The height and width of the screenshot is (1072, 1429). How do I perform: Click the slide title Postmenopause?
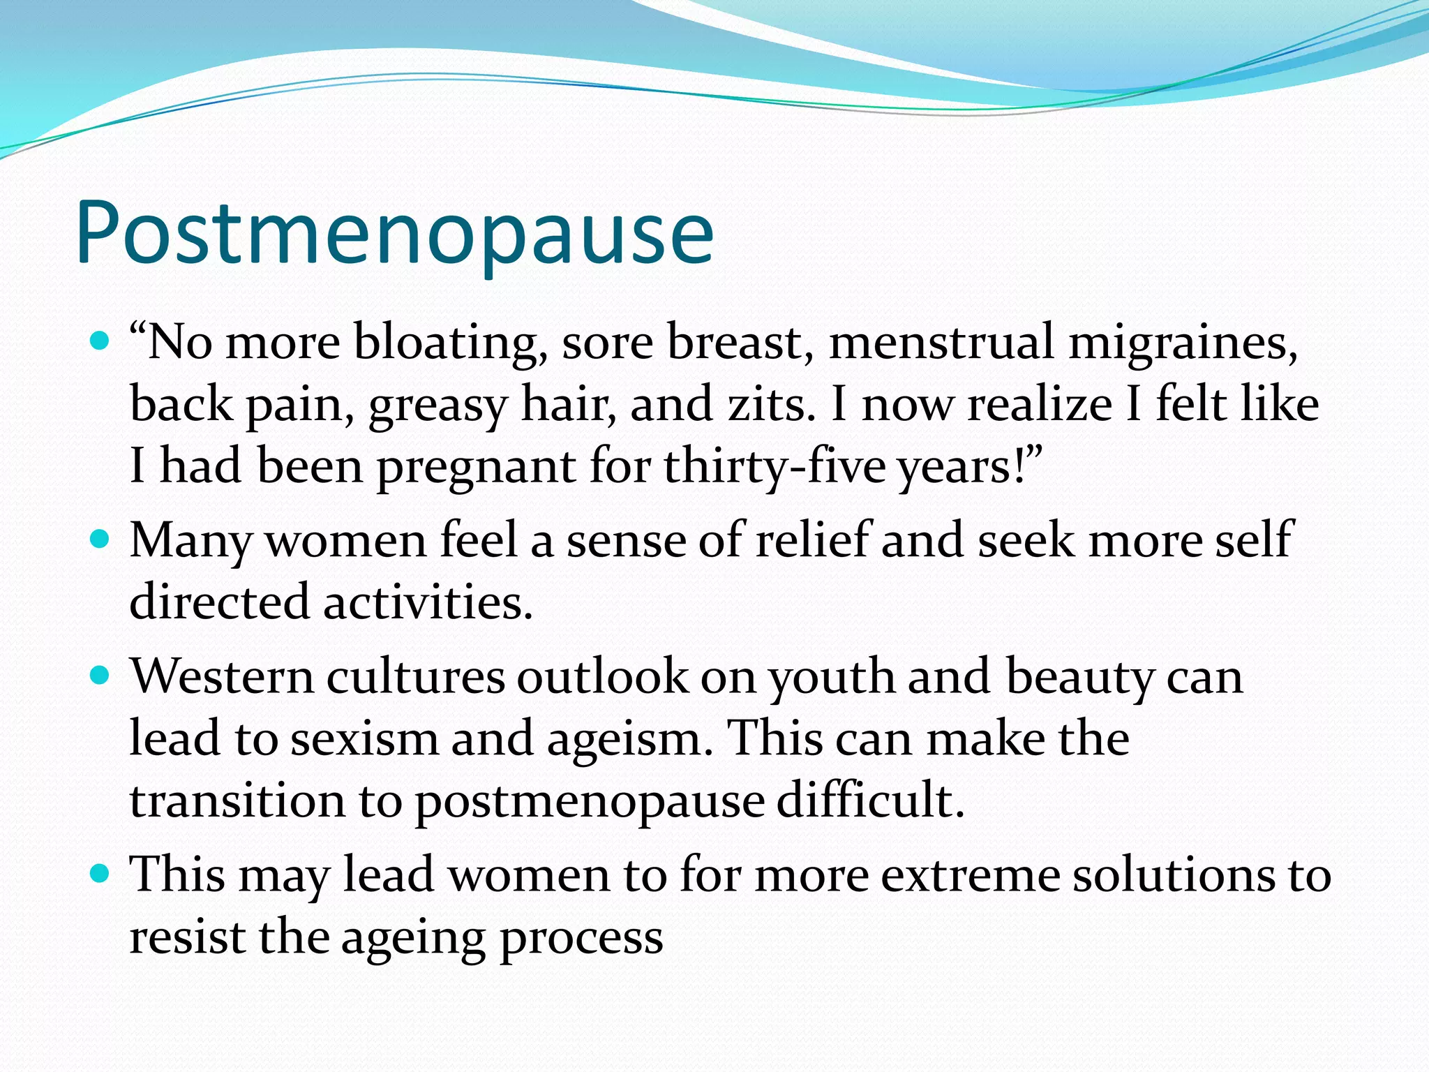point(394,234)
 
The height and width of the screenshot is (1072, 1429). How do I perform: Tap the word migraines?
point(1183,343)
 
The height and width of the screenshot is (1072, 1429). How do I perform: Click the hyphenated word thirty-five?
point(774,466)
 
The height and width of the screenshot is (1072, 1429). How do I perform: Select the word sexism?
point(364,738)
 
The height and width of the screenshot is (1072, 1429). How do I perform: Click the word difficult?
point(870,800)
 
